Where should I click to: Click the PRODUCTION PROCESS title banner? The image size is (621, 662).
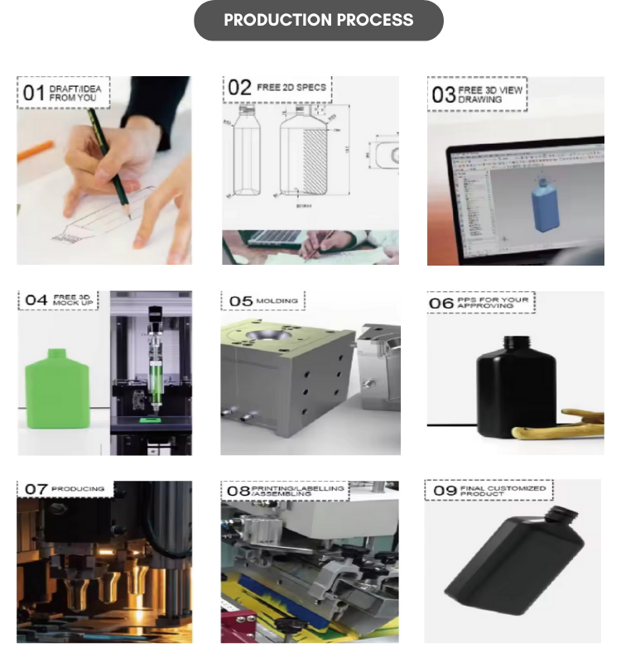point(318,20)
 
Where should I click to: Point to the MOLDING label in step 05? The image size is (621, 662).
point(276,300)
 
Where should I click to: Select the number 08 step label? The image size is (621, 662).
point(238,492)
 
